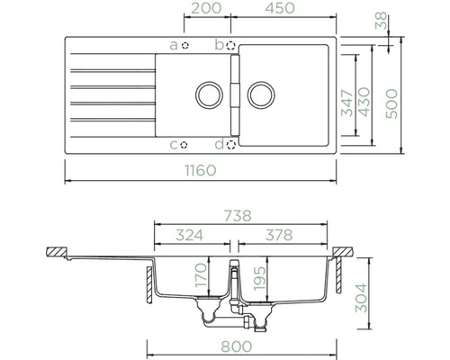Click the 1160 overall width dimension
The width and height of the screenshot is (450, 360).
(x=201, y=170)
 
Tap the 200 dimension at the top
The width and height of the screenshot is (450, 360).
(x=206, y=8)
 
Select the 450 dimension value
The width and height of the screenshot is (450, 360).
(x=280, y=8)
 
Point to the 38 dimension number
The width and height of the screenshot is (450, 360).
(x=381, y=21)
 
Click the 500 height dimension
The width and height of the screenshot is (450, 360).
(x=391, y=103)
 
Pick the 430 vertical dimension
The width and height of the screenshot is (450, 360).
(x=364, y=102)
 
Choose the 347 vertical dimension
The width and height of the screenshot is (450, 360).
(x=348, y=103)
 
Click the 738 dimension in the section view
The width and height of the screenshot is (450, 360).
(x=238, y=216)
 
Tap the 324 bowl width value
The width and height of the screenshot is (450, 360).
(x=190, y=235)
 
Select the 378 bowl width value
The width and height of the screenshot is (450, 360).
(x=279, y=235)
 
